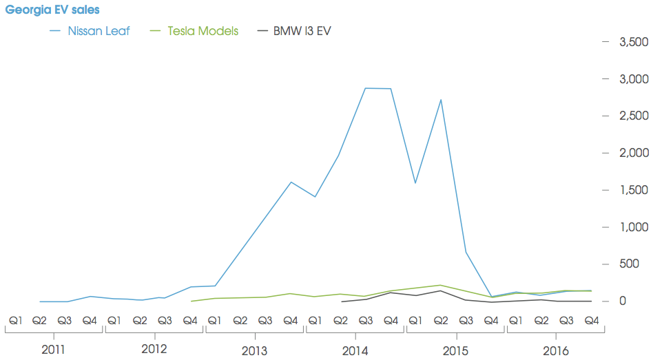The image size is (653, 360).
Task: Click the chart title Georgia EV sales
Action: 52,10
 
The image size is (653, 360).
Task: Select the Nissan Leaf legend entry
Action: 99,31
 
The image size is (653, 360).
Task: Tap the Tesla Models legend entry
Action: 203,31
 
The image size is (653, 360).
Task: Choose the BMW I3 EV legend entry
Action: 302,31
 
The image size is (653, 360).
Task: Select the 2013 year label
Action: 254,350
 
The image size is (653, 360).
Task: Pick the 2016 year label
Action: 555,350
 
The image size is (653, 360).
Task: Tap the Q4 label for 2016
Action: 591,320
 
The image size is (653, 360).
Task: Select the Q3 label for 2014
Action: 365,320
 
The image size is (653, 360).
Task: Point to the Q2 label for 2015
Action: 440,320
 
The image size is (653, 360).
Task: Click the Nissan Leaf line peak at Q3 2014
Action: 365,88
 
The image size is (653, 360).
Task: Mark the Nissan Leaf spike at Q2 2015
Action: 440,100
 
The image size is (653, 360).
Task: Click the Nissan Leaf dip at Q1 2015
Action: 415,183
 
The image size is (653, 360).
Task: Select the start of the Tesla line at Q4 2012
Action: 191,301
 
